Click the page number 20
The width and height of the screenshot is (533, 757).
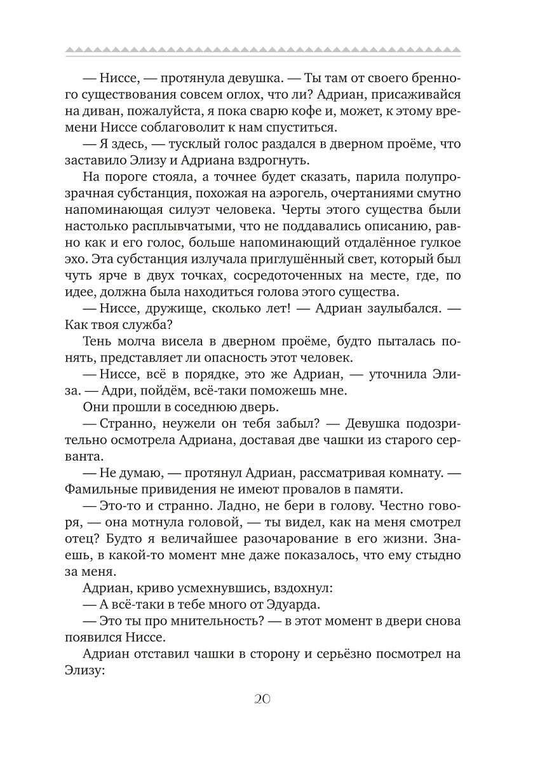262,698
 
